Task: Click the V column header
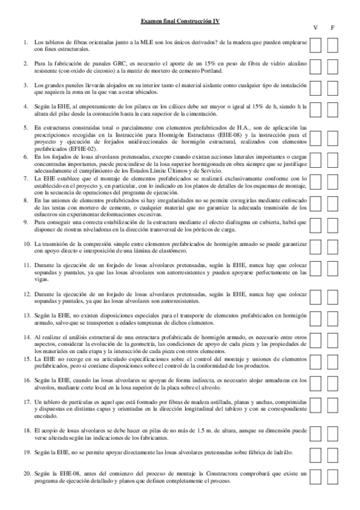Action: pos(316,28)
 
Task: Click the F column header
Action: pos(332,28)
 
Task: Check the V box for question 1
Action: pos(316,46)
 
